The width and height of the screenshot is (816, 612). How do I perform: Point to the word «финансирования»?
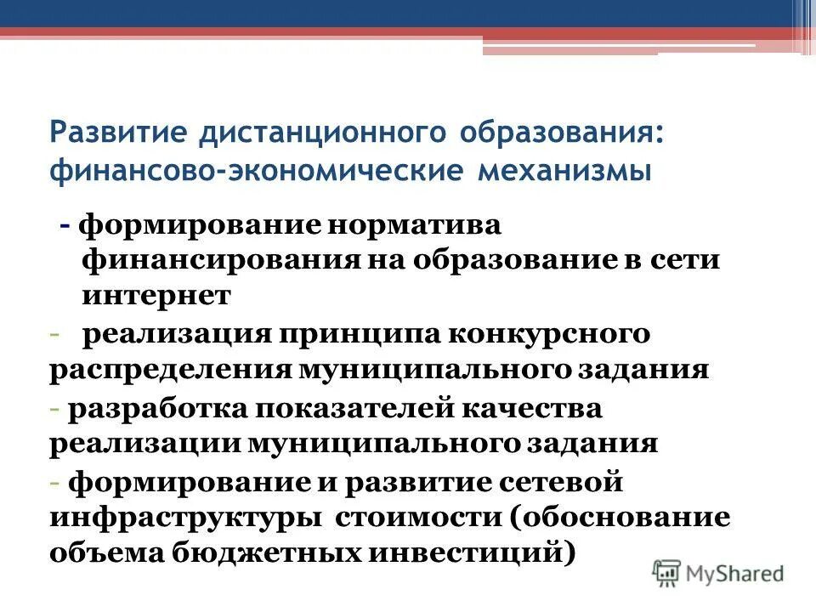coord(223,260)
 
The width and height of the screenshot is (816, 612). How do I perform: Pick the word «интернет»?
coord(157,295)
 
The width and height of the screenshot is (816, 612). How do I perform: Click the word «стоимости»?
coord(415,518)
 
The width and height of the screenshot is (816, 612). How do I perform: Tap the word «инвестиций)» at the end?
coord(464,552)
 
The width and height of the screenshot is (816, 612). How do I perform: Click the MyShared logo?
coord(719,573)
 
